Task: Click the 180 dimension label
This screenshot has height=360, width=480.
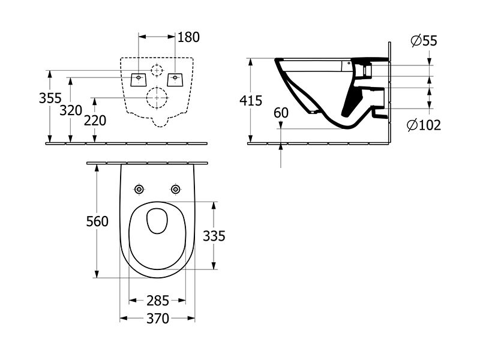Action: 188,37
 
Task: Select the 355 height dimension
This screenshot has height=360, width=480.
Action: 50,98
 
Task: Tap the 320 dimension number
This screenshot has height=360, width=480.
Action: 71,110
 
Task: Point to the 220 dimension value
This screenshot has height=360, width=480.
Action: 95,121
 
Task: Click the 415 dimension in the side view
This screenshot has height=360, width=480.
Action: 251,100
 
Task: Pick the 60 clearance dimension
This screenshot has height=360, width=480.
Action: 281,113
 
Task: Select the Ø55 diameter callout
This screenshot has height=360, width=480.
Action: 424,41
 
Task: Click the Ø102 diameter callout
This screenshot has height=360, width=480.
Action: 424,125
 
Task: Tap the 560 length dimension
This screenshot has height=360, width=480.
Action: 97,221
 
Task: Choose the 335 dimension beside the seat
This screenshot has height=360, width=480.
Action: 214,236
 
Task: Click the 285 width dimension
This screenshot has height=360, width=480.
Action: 158,301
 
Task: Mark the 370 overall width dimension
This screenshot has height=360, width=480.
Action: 158,319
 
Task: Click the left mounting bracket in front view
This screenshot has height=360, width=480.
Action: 139,80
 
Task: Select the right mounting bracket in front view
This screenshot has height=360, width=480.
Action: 175,80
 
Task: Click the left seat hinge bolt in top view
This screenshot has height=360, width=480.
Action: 139,190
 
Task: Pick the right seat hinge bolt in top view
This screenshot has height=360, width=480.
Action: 175,190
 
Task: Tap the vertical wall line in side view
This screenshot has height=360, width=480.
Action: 389,93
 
